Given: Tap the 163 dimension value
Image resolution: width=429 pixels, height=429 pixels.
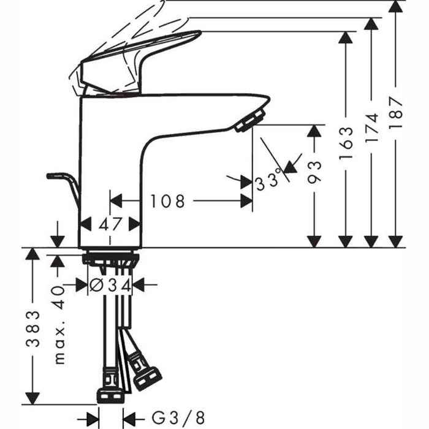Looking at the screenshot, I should tap(346, 143).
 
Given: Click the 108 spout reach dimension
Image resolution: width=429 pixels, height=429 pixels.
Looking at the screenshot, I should tap(168, 201).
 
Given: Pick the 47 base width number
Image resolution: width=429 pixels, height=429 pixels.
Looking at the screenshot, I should tap(111, 223).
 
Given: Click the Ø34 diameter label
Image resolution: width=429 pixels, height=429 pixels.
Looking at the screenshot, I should tap(110, 284).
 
